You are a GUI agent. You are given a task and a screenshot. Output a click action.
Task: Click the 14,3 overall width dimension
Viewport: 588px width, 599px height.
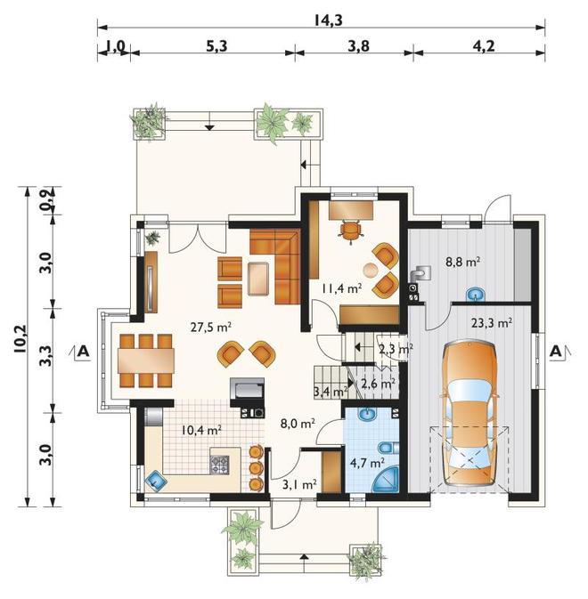pos(328,20)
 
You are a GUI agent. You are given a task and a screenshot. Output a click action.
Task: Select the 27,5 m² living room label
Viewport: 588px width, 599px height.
pos(211,327)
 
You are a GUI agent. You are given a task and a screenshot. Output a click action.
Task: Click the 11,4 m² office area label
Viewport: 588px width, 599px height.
pos(340,288)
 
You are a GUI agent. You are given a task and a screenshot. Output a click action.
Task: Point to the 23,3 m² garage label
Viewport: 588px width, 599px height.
pos(492,323)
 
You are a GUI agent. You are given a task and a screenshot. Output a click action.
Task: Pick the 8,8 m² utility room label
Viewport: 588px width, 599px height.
pos(462,262)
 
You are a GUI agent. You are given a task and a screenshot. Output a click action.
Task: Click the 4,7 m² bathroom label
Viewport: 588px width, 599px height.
pos(367,463)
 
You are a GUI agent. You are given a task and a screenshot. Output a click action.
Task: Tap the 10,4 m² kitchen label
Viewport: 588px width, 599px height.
pos(201,431)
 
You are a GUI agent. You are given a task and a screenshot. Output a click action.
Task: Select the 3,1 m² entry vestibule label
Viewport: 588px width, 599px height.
pos(299,485)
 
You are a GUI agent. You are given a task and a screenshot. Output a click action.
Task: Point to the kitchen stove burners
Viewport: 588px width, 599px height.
pos(219,465)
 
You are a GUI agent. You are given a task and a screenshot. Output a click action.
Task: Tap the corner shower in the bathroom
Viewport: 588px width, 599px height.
pos(385,479)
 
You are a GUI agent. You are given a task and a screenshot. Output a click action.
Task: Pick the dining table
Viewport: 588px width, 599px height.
pos(146,360)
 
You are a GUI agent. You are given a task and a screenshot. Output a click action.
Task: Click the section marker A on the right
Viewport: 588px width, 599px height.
pos(556,351)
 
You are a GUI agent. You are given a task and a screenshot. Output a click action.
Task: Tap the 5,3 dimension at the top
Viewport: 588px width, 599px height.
pos(216,46)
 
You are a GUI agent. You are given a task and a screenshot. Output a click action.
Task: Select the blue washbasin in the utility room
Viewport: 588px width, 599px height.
pos(476,294)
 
